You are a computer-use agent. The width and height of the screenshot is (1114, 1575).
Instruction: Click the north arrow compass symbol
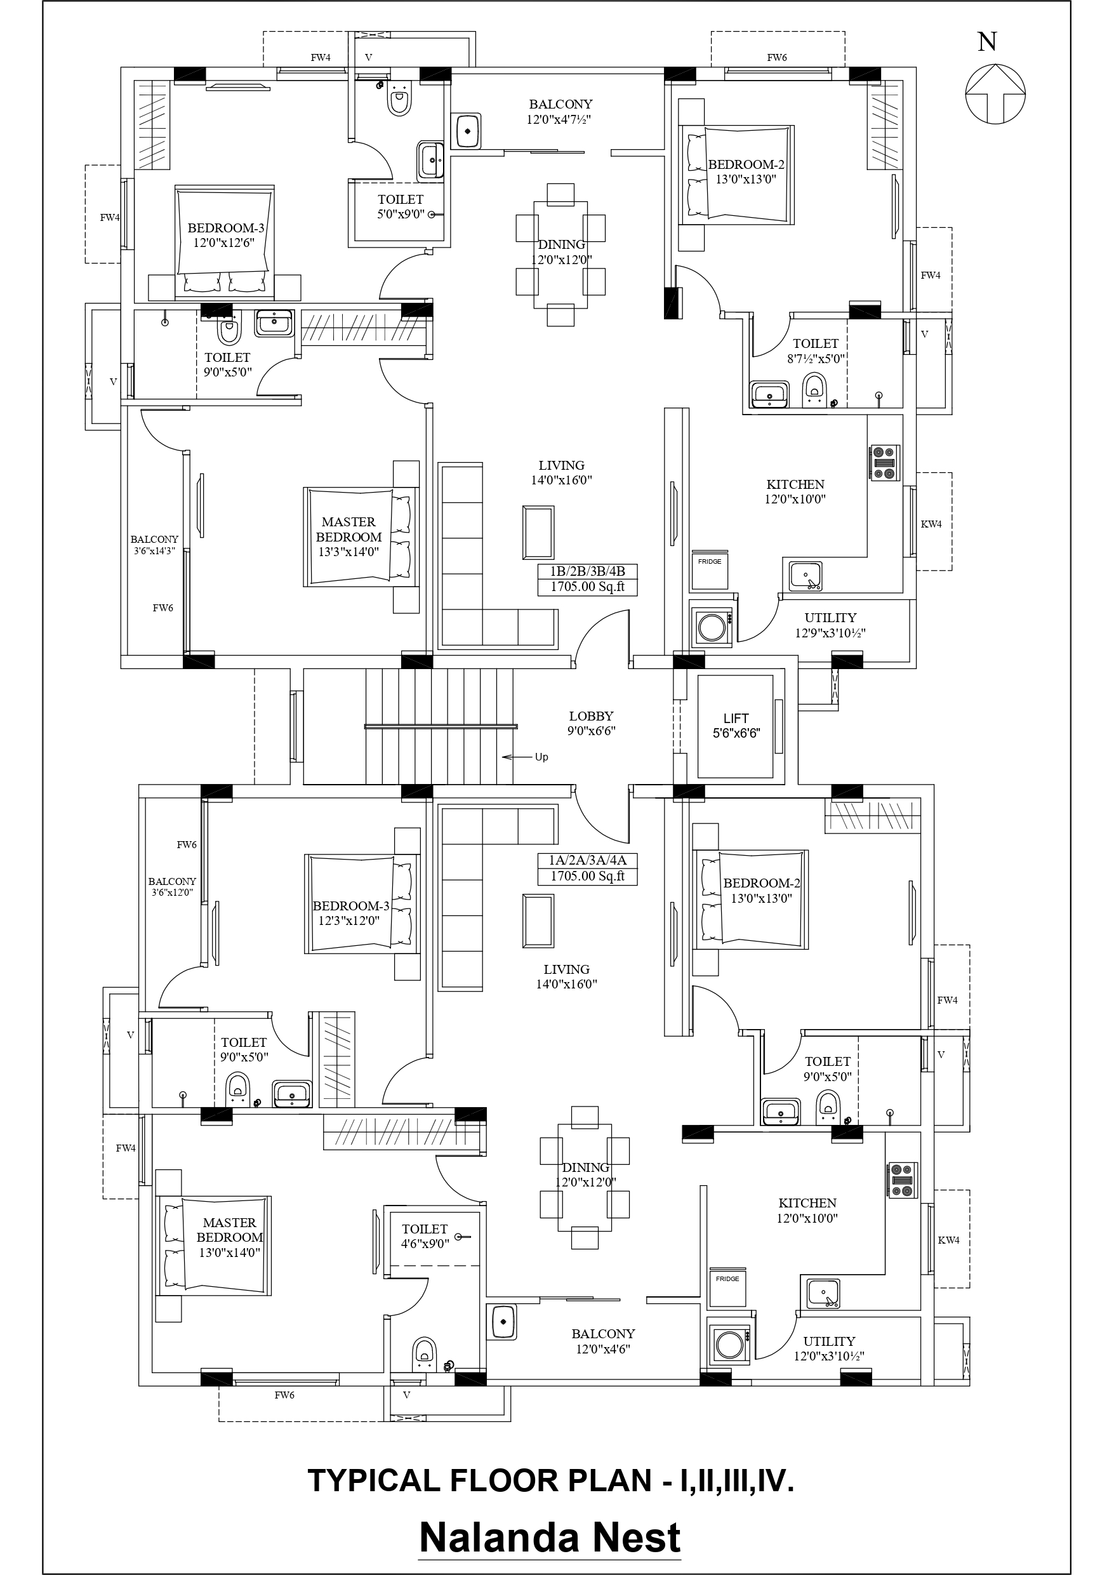995,94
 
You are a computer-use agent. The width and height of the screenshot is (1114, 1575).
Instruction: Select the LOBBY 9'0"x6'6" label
590,723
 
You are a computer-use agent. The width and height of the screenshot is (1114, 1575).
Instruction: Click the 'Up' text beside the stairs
541,757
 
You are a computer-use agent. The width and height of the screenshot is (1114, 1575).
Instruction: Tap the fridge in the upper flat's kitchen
709,569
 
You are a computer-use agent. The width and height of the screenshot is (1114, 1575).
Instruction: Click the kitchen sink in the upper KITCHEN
806,576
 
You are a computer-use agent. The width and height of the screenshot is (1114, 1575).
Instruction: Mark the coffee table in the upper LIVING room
538,533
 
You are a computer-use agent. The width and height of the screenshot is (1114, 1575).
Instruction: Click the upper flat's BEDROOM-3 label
226,235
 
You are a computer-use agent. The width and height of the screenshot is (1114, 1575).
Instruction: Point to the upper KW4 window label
931,524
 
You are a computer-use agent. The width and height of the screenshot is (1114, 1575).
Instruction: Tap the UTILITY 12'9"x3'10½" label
830,625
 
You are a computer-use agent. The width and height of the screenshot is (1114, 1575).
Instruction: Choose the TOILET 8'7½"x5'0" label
816,350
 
